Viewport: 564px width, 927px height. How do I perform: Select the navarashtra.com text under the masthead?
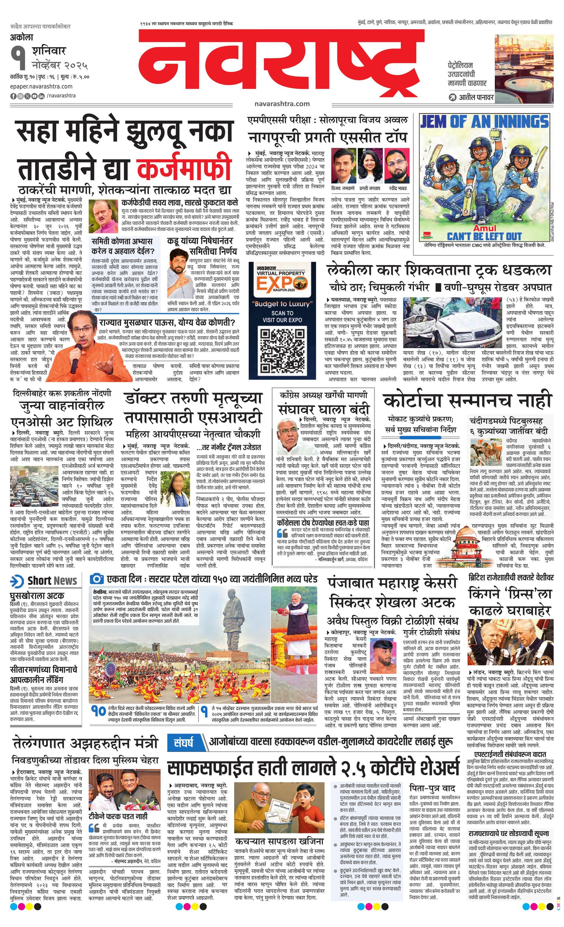point(282,103)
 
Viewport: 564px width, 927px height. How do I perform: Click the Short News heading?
point(52,581)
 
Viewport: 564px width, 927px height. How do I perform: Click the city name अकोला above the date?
point(22,38)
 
